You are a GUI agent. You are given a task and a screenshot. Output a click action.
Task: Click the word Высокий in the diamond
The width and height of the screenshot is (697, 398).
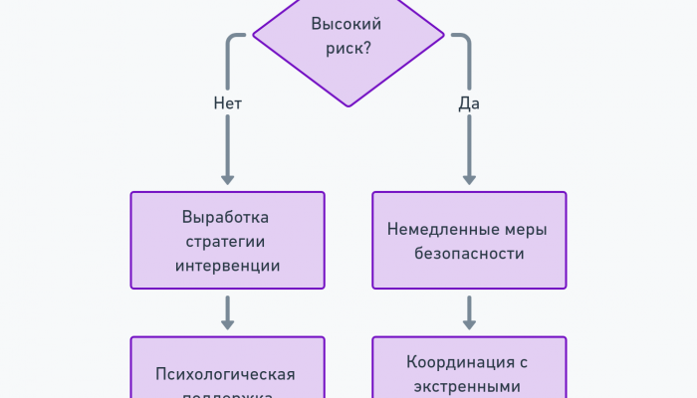coord(347,25)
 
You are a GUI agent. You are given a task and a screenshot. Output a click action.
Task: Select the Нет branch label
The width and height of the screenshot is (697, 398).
coord(228,103)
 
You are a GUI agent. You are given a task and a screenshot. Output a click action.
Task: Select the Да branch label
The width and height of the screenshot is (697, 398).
coord(469,103)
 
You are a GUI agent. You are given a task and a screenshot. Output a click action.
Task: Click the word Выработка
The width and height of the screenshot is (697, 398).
coord(227,218)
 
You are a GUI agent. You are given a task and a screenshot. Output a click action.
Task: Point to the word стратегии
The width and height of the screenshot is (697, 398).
coord(227,242)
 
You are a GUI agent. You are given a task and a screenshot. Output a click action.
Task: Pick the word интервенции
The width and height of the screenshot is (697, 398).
coord(227,266)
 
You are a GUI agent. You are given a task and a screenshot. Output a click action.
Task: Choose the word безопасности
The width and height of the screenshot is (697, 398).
coord(469,254)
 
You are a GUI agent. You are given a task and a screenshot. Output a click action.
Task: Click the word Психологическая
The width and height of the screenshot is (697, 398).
coord(227,374)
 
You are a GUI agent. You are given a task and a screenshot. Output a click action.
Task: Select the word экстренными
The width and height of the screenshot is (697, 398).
coord(469,386)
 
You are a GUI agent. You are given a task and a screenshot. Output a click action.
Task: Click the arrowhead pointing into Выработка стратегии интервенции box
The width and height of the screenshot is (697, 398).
coord(228,179)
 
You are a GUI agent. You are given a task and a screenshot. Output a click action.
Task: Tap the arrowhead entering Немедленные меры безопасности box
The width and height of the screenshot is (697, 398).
coord(469,179)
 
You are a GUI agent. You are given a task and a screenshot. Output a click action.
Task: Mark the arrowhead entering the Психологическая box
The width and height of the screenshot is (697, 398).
coord(228,323)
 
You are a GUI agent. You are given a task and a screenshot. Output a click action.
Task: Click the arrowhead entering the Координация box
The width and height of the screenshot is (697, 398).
coord(469,323)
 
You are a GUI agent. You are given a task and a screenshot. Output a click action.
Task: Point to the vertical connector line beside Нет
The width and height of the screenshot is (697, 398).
coord(228,144)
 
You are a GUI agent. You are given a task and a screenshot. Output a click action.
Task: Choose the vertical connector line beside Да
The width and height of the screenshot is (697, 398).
coord(469,144)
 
